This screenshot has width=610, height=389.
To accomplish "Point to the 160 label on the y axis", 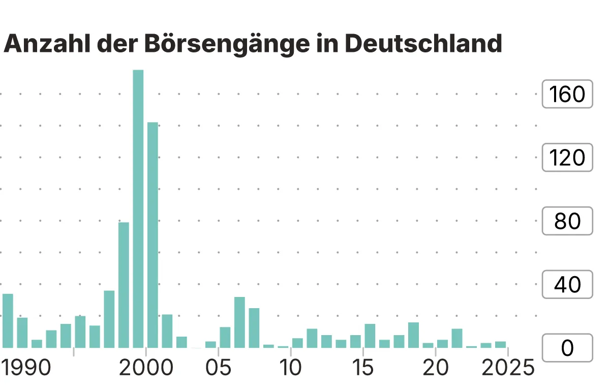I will point(567,94).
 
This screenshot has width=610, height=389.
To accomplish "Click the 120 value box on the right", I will point(567,158).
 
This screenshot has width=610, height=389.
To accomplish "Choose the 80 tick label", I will point(567,221).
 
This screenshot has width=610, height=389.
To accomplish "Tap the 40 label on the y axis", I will point(567,285).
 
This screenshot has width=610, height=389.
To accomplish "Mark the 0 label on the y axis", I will point(567,348).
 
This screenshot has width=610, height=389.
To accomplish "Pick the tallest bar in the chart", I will point(138,208).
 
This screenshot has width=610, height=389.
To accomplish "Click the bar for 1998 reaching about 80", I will point(124,285).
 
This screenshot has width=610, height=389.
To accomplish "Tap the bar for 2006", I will point(239,322).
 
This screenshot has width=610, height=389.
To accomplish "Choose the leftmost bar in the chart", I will point(8,321).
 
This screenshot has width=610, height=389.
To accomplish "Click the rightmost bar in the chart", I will point(500,345).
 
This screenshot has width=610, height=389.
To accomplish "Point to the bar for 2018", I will point(413,335).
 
